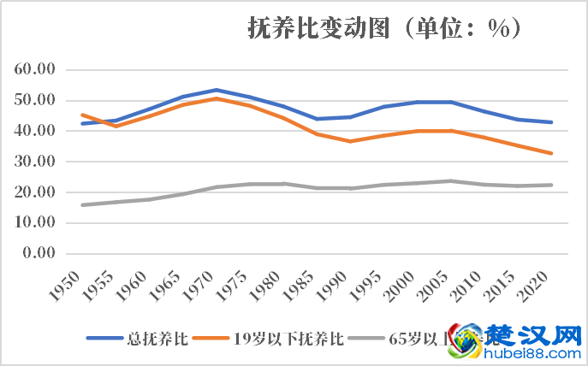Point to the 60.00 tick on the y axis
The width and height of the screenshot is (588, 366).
(36, 69)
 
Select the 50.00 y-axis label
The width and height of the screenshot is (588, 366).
(36, 100)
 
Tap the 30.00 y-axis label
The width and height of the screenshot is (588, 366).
(36, 162)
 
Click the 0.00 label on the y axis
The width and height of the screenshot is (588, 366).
(39, 253)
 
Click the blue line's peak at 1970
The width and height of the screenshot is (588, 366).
(217, 90)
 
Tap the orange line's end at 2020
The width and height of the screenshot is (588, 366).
(552, 154)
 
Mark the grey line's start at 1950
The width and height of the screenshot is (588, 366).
(82, 205)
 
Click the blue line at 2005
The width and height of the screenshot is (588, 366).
(452, 102)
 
